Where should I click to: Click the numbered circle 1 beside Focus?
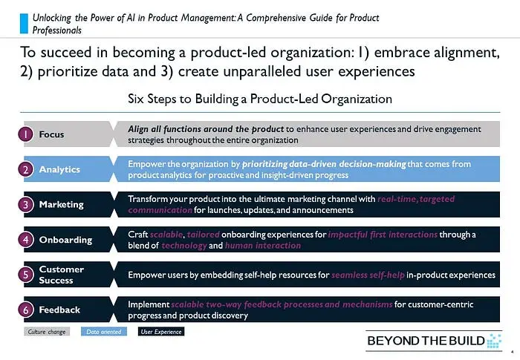25,134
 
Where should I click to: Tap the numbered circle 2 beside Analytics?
25,169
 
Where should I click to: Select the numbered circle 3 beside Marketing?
25,205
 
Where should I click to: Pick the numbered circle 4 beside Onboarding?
25,240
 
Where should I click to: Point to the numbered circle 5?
25,275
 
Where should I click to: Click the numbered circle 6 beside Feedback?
25,310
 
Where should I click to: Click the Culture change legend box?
47,332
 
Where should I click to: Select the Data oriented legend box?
104,332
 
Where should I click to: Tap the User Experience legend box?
161,332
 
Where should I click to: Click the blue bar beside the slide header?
24,24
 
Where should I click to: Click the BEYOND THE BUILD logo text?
426,341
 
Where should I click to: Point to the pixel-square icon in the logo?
494,341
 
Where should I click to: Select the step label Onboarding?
65,240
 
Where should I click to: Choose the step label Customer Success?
62,275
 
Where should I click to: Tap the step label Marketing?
62,205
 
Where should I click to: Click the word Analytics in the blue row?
59,169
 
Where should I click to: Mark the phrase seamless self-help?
368,275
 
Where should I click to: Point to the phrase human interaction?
263,246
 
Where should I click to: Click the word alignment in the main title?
437,53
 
